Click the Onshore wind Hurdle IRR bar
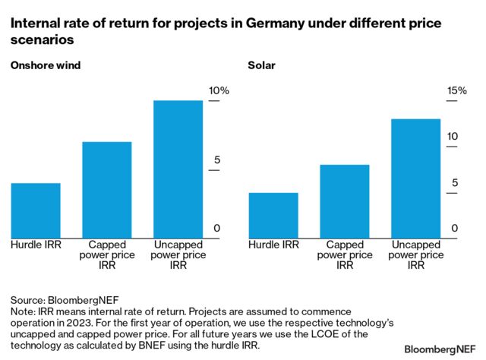pyautogui.click(x=36, y=210)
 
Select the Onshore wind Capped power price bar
pyautogui.click(x=107, y=190)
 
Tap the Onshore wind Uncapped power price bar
pyautogui.click(x=178, y=169)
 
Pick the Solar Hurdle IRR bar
pyautogui.click(x=273, y=215)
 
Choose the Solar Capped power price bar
pyautogui.click(x=345, y=201)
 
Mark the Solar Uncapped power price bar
pyautogui.click(x=416, y=178)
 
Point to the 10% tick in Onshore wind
pyautogui.click(x=219, y=91)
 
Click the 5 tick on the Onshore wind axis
pyautogui.click(x=216, y=160)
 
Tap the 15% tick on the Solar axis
pyautogui.click(x=457, y=91)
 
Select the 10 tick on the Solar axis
pyautogui.click(x=453, y=137)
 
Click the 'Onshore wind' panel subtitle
pyautogui.click(x=45, y=65)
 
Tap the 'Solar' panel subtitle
pyautogui.click(x=261, y=65)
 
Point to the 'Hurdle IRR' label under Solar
pyautogui.click(x=273, y=245)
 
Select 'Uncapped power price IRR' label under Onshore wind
pyautogui.click(x=178, y=255)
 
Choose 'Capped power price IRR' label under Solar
pyautogui.click(x=345, y=255)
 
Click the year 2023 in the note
pyautogui.click(x=82, y=323)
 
